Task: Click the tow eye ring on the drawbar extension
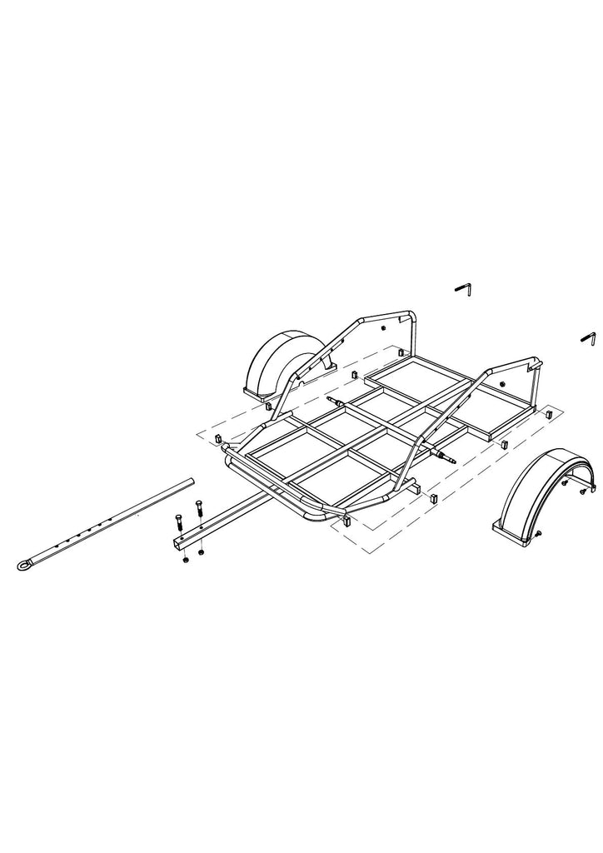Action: coord(22,566)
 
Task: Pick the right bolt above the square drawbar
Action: coord(198,508)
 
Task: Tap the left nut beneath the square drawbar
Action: coord(185,561)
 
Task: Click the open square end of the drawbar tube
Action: coord(178,543)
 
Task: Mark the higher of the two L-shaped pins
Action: coord(465,288)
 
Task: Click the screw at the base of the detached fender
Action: coord(540,534)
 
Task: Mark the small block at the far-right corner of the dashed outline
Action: coord(548,413)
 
